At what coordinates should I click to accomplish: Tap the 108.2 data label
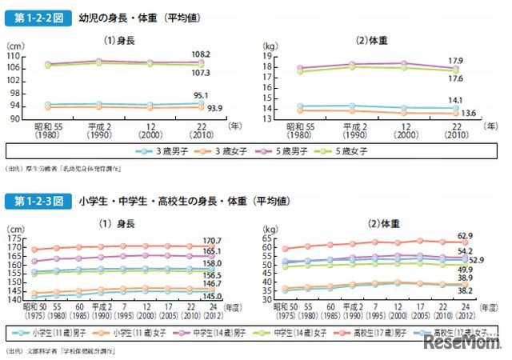201,54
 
